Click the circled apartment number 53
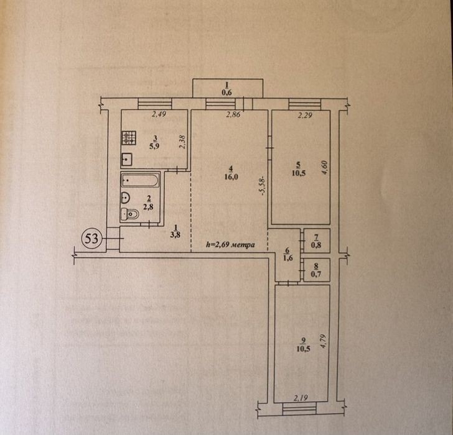click(91, 239)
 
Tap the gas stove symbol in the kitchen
click(129, 138)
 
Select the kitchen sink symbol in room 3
click(126, 159)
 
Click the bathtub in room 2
click(140, 180)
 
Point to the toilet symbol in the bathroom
click(129, 214)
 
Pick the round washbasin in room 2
click(126, 198)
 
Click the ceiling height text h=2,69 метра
click(230, 245)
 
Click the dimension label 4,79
click(323, 342)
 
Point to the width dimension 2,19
click(301, 398)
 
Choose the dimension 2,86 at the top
click(233, 115)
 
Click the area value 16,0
click(231, 177)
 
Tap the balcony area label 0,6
click(227, 93)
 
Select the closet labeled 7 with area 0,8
click(317, 240)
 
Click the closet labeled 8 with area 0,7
click(317, 270)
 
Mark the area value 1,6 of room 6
click(287, 258)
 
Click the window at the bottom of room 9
click(299, 409)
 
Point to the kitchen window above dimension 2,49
click(155, 104)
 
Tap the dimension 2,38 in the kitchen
click(182, 142)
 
